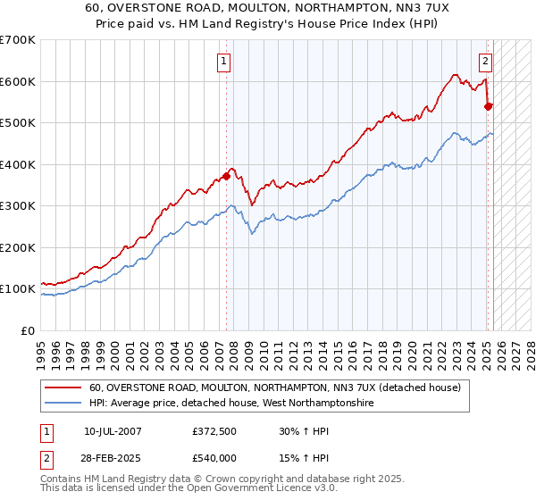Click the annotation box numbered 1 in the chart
pos(222,62)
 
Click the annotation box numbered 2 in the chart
pos(484,62)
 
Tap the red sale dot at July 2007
pos(227,176)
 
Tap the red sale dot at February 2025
pos(489,106)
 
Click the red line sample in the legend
pos(63,387)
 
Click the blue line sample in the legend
pos(63,404)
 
